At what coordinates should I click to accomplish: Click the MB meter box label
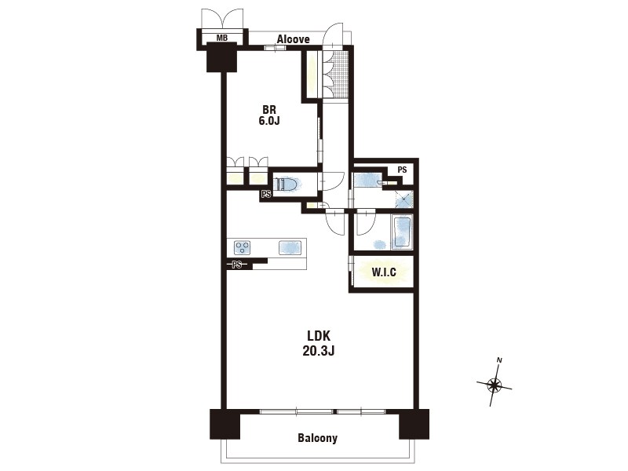click(x=222, y=38)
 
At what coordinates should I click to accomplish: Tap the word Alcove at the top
click(x=293, y=39)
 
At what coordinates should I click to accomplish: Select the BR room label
click(x=269, y=109)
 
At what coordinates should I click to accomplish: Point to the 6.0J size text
click(x=268, y=121)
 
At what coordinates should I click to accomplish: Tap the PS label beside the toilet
click(x=266, y=195)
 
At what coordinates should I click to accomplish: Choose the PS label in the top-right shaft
click(x=402, y=170)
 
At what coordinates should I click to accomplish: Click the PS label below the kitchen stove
click(x=237, y=265)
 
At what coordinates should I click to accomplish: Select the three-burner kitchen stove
click(x=243, y=247)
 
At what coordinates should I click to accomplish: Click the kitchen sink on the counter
click(x=290, y=246)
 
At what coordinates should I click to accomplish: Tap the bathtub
click(x=401, y=232)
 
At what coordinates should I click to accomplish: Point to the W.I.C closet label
click(x=384, y=272)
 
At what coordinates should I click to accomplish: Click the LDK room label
click(x=319, y=335)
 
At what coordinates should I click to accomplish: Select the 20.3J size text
click(x=319, y=351)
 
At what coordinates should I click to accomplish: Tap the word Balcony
click(x=318, y=438)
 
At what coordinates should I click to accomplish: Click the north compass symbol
click(x=495, y=385)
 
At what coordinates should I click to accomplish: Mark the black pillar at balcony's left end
click(x=225, y=424)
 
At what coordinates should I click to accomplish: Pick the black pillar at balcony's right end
click(x=414, y=424)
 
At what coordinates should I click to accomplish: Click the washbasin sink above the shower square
click(x=367, y=179)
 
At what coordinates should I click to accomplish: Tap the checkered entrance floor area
click(x=341, y=74)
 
